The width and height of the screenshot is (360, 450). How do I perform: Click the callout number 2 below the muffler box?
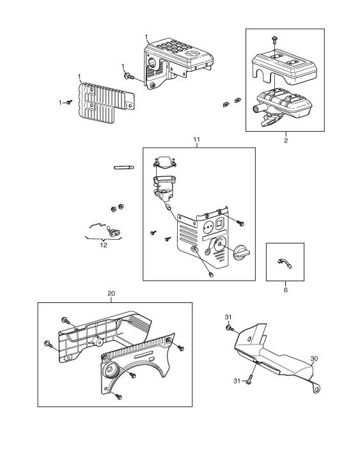tap(286, 141)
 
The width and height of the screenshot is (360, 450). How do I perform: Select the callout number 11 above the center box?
tap(197, 139)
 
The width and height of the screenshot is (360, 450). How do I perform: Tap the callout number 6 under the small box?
tap(285, 290)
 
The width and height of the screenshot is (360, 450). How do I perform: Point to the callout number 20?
tap(111, 293)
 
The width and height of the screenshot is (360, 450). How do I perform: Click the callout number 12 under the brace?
tap(104, 245)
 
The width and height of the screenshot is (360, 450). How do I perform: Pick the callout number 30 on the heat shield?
tap(314, 359)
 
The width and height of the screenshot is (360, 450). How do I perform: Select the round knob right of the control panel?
tap(242, 252)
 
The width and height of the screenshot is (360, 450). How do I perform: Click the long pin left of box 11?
tap(124, 167)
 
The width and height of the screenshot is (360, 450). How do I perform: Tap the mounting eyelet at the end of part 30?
tap(318, 389)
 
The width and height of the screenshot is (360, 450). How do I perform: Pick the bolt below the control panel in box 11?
tap(211, 275)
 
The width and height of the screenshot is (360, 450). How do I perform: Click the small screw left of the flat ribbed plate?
tap(69, 102)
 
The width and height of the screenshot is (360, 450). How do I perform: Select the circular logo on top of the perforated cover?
tap(193, 54)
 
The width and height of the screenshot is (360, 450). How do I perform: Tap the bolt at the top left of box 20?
tap(65, 321)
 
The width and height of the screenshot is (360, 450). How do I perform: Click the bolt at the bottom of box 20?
tap(118, 396)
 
